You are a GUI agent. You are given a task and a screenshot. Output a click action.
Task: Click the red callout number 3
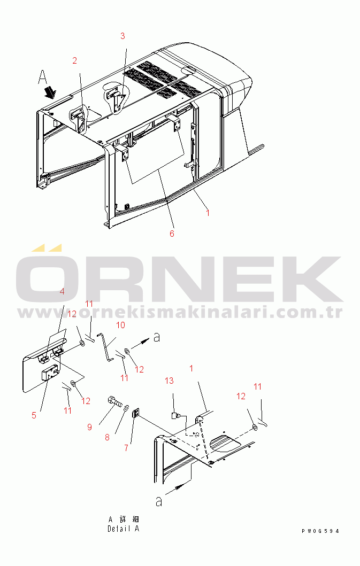[x=122, y=36]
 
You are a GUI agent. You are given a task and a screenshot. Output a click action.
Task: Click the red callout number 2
[x=74, y=60]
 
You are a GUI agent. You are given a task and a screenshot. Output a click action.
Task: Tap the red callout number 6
[x=172, y=234]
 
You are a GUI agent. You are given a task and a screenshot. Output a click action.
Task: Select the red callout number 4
[x=62, y=291]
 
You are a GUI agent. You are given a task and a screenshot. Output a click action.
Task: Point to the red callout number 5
[x=34, y=415]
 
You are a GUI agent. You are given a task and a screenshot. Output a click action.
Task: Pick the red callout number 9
[x=90, y=427]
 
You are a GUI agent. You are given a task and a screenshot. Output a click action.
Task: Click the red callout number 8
[x=107, y=438]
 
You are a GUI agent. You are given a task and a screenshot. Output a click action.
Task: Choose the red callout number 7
[x=126, y=448]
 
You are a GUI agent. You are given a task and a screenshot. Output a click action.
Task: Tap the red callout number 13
[x=169, y=381]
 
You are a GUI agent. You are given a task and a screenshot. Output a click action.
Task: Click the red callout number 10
[x=120, y=325]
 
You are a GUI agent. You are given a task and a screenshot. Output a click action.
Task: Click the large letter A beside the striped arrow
[x=43, y=77]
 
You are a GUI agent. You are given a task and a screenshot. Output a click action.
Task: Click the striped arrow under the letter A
[x=49, y=92]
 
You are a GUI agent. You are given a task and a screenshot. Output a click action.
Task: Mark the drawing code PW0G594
[x=320, y=531]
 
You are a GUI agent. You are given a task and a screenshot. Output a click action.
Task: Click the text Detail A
[x=123, y=529]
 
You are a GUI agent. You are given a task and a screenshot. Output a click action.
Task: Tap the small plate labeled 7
[x=135, y=413]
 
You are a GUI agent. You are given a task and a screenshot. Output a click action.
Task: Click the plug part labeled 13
[x=175, y=416]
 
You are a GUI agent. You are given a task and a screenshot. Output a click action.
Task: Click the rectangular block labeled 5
[x=50, y=373]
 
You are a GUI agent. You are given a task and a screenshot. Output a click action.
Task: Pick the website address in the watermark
[x=180, y=313]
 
